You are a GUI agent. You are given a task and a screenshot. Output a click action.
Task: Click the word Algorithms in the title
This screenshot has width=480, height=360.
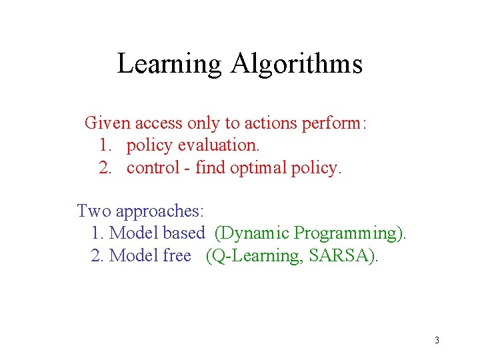click(x=297, y=64)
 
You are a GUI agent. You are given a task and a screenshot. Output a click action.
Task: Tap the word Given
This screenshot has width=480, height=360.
click(x=108, y=123)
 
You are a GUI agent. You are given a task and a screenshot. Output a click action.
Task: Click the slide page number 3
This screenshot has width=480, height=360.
click(x=437, y=341)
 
